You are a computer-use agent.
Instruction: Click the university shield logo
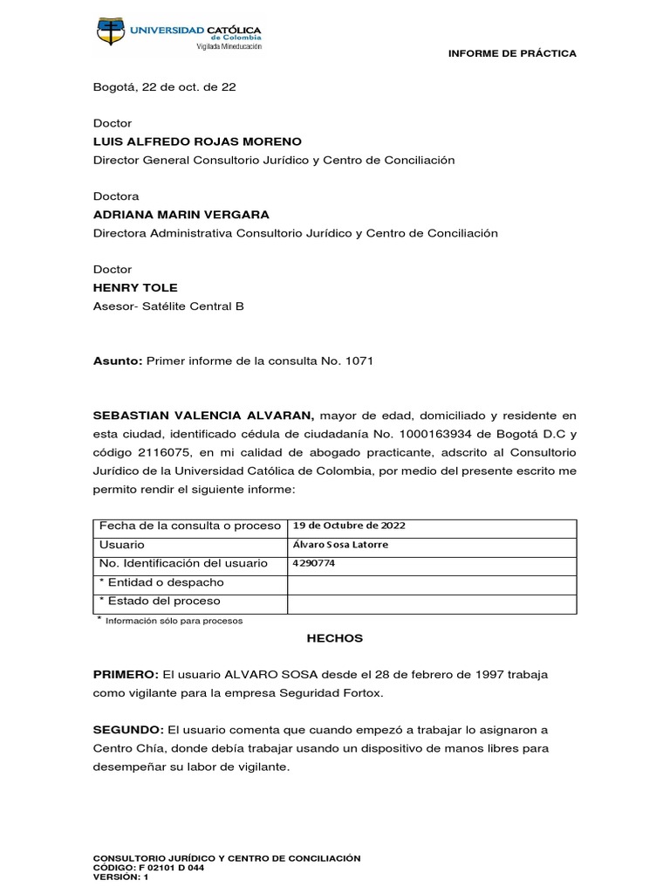point(111,34)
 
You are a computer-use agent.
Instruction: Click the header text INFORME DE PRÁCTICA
point(512,53)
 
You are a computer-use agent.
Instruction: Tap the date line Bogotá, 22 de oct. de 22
point(164,86)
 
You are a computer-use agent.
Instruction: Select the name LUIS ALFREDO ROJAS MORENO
point(197,141)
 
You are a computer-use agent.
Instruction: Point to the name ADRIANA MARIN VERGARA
point(181,215)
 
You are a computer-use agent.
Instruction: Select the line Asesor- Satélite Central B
point(168,306)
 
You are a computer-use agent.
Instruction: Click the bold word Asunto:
point(118,361)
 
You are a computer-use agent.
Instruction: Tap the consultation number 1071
point(359,361)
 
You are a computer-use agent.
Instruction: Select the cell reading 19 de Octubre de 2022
point(349,526)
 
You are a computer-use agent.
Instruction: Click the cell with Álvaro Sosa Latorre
point(341,545)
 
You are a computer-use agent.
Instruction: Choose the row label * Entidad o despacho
point(161,582)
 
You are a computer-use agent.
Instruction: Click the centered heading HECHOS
point(334,638)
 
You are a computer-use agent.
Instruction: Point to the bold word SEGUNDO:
point(128,729)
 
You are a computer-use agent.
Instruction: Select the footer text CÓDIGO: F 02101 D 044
point(148,868)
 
